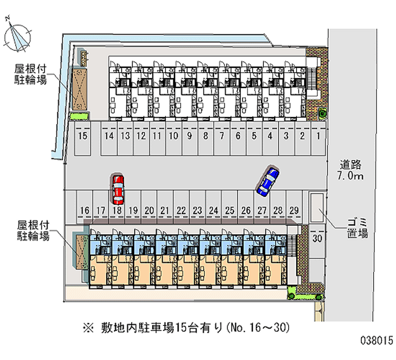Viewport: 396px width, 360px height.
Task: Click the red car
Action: (x=118, y=189)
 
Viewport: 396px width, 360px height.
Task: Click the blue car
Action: (x=268, y=181)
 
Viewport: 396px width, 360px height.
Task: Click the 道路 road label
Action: (x=350, y=164)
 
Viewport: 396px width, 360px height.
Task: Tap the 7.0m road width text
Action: (x=350, y=176)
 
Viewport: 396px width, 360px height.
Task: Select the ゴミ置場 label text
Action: (x=357, y=228)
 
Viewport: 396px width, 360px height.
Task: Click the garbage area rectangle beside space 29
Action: (x=317, y=208)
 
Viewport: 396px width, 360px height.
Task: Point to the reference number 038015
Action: (x=377, y=341)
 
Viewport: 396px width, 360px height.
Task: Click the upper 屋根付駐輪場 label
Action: (x=31, y=74)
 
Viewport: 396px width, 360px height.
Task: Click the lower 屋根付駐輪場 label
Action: (x=33, y=230)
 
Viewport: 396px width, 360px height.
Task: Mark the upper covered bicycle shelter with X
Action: (x=80, y=89)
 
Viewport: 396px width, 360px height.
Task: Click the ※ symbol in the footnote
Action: (x=89, y=328)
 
